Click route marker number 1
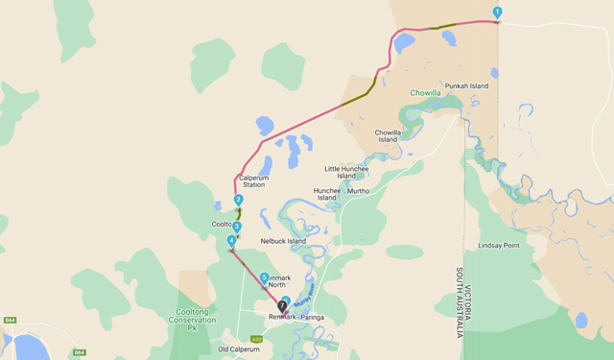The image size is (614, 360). click(497, 12)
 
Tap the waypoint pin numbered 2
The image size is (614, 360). click(238, 201)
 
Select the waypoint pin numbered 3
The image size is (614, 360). click(237, 228)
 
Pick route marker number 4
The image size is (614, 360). click(231, 240)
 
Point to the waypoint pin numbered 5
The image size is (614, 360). click(264, 277)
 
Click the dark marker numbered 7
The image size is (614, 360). click(282, 305)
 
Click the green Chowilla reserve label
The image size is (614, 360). click(429, 94)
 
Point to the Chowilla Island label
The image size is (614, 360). click(388, 135)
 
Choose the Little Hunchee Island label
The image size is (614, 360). click(346, 171)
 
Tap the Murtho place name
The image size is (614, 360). click(358, 191)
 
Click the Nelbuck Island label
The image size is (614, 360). click(283, 241)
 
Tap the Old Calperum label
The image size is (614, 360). click(239, 349)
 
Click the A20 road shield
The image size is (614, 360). click(256, 339)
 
